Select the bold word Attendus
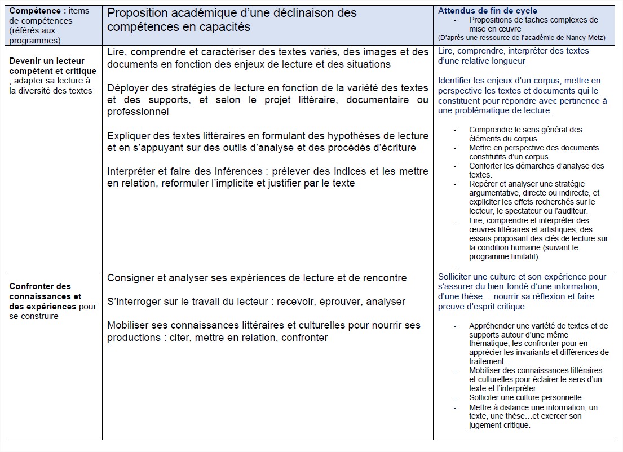tap(454, 11)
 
